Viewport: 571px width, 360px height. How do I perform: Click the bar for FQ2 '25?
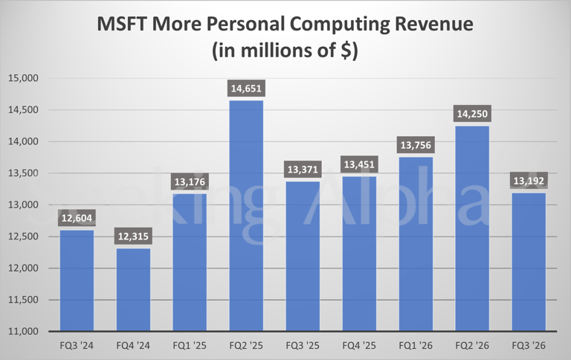tap(246, 216)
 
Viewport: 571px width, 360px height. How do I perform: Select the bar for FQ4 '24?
tap(133, 289)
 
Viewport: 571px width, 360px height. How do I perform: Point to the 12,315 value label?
tap(133, 237)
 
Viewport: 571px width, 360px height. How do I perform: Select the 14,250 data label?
tap(472, 115)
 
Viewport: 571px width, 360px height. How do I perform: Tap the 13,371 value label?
tap(303, 170)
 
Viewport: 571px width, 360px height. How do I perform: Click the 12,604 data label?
tap(77, 219)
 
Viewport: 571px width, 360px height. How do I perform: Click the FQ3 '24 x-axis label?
tap(77, 347)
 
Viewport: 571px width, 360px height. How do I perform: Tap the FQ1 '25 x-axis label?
tap(190, 347)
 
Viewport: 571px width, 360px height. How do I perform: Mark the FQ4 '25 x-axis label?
tap(359, 347)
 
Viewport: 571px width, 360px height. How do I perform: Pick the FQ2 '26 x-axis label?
tap(472, 347)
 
